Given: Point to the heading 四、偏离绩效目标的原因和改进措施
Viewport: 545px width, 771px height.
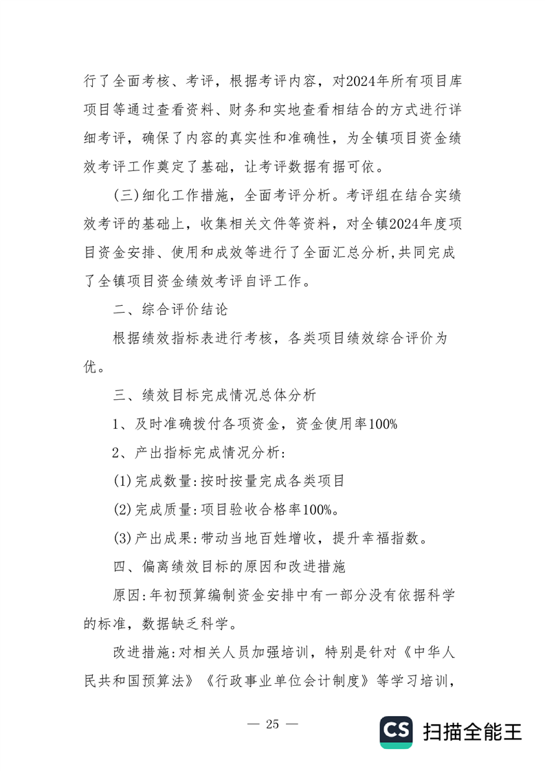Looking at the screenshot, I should click(233, 567).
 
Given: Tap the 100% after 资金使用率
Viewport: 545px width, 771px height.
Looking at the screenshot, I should click(383, 424).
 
